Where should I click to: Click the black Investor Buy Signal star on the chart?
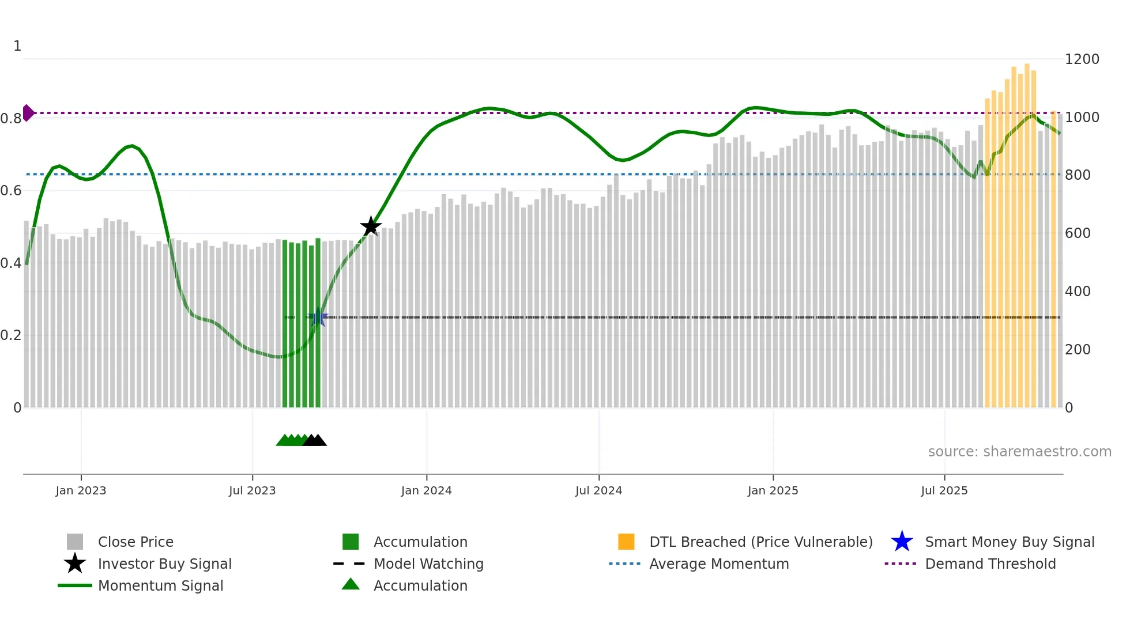371,226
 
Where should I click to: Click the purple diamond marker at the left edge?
28,113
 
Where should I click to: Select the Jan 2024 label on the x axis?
426,490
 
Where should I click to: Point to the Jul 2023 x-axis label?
252,490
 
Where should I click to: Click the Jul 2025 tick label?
944,490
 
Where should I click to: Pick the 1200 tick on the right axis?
1082,59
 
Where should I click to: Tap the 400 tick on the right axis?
1078,292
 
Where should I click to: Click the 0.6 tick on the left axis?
10,191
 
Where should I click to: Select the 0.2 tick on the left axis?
10,335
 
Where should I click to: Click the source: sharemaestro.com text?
1019,452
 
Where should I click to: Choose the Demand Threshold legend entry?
990,564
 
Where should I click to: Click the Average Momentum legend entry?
718,564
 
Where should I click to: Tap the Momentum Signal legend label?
160,585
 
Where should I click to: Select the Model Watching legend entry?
428,564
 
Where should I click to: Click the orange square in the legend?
626,542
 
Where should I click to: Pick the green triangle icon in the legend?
351,584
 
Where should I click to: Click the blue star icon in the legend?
902,542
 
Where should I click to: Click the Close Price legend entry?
135,542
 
